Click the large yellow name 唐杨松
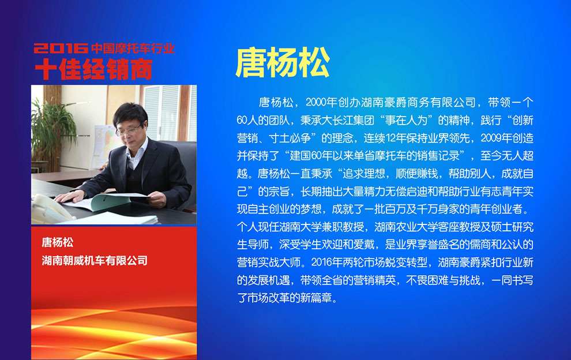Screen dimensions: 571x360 pos(283,63)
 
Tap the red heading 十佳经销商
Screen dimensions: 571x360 pos(93,69)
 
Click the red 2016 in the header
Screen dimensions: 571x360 pos(61,48)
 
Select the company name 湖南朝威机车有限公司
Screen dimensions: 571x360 pos(95,261)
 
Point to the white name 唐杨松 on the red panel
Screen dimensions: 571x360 pos(58,242)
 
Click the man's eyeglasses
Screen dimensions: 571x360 pos(129,130)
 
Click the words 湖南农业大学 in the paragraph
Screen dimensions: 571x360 pos(406,227)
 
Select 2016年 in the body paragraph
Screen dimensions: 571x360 pos(327,262)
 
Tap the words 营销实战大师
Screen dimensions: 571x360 pos(269,262)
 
